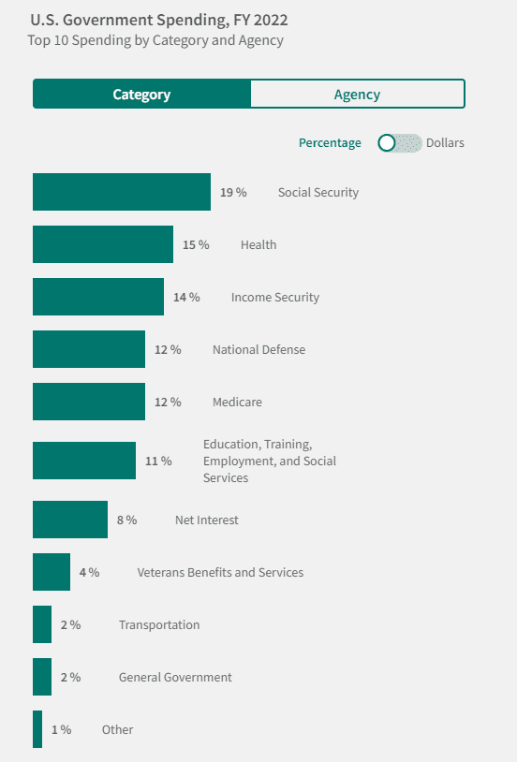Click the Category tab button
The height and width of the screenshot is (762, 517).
coord(141,94)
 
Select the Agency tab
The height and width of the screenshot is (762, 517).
coord(358,94)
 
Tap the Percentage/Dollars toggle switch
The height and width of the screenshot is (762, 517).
coord(400,143)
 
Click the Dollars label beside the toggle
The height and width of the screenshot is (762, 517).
coord(445,143)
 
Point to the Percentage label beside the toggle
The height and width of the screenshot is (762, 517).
coord(330,143)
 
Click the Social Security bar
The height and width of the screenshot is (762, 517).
coord(122,192)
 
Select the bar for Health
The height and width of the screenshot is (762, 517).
coord(103,244)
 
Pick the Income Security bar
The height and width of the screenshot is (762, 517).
coord(98,297)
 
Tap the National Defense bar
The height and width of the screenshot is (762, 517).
coord(89,349)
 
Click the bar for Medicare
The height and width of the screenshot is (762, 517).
coord(89,402)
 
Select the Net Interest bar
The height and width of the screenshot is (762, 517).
coord(70,520)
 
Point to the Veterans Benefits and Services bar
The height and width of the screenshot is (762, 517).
coord(52,572)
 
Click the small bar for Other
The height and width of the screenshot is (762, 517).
coord(37,729)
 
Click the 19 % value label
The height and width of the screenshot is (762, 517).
coord(233,193)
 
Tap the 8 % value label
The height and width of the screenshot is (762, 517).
coord(127,520)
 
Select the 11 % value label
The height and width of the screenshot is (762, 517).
coord(158,461)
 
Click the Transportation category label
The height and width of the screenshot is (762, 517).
coord(159,625)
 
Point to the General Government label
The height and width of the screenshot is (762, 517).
coord(175,678)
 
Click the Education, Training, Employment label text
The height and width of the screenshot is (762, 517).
coord(270,461)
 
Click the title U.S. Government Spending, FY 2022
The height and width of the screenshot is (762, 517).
coord(159,20)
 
